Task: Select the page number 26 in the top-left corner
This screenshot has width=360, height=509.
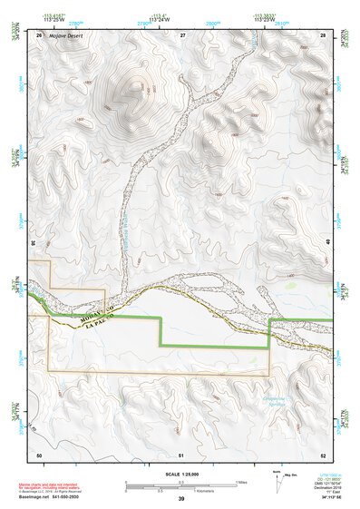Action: (x=39, y=34)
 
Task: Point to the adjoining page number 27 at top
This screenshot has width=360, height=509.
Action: (x=182, y=34)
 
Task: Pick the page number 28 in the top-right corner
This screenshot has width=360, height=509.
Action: (x=323, y=34)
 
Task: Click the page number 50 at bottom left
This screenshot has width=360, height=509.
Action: (x=39, y=454)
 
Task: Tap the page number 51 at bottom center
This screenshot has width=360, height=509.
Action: (x=182, y=454)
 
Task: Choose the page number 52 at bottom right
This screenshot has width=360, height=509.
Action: (x=323, y=454)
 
